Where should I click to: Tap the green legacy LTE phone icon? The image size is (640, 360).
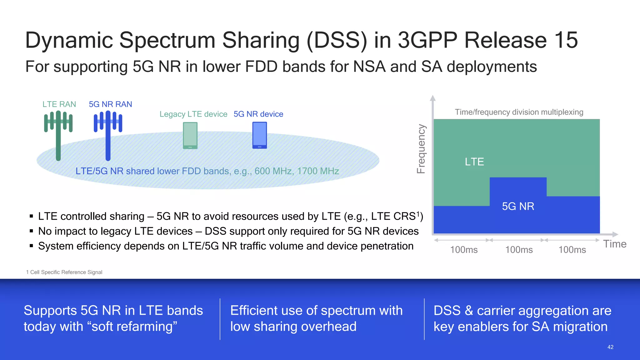coord(190,135)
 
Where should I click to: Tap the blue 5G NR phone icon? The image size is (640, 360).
coord(259,135)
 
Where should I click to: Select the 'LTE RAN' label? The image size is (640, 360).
coord(59,104)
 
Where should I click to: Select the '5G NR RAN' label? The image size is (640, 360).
coord(110,104)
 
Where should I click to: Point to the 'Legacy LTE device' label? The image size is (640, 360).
coord(193,114)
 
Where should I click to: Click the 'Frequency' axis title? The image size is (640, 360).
coord(421,149)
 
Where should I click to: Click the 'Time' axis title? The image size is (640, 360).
coord(615,244)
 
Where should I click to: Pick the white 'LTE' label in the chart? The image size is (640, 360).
coord(474,162)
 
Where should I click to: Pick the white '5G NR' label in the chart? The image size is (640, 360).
coord(518,206)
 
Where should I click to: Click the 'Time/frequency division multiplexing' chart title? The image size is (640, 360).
coord(519,112)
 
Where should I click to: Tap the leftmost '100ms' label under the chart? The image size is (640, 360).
coord(464,250)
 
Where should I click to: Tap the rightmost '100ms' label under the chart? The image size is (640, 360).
coord(572,250)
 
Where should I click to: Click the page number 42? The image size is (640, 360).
coord(610,347)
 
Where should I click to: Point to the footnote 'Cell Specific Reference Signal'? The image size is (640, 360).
coord(66,272)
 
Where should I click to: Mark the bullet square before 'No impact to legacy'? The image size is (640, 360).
coord(31,231)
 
